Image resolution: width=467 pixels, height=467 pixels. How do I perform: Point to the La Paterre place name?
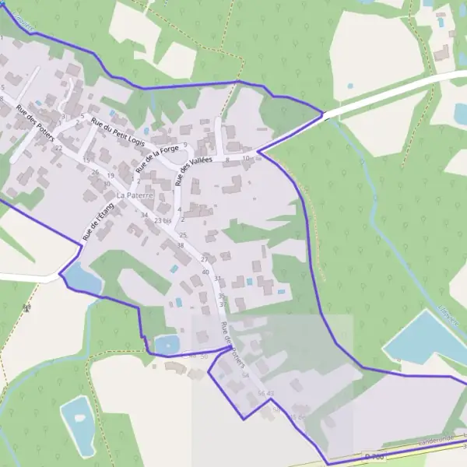(x=135, y=195)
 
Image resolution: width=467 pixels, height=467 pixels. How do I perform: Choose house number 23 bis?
(x=162, y=221)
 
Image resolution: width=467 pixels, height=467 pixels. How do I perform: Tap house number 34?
(x=144, y=215)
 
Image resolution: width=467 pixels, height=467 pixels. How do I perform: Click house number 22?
(x=58, y=148)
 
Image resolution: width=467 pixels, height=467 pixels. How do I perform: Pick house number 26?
(x=96, y=172)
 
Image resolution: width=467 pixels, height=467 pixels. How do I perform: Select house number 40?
(x=205, y=272)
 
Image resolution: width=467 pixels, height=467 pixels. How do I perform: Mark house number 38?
(x=180, y=245)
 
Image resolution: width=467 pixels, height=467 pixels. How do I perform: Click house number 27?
(x=205, y=258)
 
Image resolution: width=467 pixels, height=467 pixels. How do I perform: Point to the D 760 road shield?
(x=376, y=456)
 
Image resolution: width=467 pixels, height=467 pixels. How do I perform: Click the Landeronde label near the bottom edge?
(x=435, y=439)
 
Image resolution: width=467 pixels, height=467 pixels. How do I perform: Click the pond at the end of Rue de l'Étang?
(x=82, y=278)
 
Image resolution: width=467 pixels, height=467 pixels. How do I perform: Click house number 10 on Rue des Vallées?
(x=246, y=159)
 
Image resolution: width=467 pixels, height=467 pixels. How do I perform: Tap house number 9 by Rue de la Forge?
(x=186, y=144)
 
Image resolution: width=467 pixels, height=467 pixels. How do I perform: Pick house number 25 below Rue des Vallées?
(x=183, y=234)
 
